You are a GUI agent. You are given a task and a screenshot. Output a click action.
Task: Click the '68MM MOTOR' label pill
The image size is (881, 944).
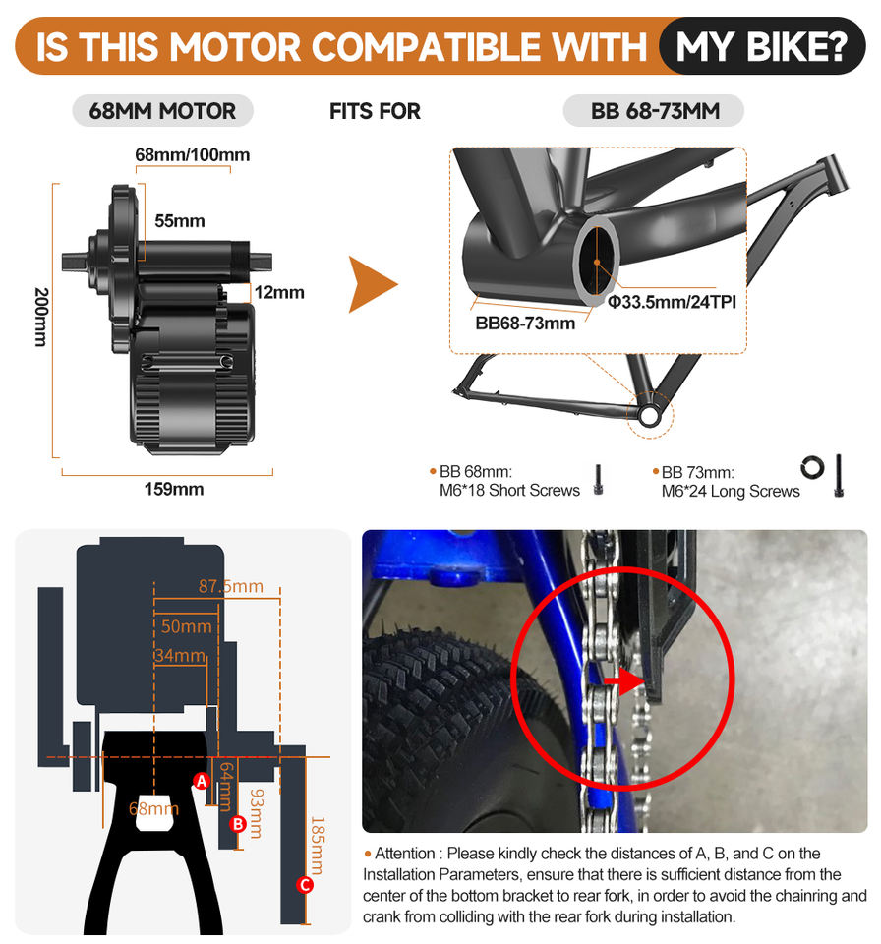162,111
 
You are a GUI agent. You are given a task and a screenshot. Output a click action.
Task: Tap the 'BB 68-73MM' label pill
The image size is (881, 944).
655,111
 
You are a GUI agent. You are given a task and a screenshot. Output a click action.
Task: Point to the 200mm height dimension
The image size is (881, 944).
40,317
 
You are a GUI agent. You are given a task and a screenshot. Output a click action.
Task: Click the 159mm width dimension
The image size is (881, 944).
174,488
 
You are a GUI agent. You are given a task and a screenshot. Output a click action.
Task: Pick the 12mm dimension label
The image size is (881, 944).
278,292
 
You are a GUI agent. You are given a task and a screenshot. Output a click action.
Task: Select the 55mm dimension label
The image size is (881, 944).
179,221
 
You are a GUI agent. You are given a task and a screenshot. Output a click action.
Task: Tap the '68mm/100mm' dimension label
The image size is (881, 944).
192,154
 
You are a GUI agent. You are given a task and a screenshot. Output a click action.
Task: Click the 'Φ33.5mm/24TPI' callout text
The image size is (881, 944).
673,302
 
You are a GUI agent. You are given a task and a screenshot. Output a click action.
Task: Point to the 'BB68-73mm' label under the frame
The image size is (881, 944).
525,323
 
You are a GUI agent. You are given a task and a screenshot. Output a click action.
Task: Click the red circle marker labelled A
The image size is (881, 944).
202,781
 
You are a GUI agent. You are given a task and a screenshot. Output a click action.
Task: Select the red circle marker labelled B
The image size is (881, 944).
237,824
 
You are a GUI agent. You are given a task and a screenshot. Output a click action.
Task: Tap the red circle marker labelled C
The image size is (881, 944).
305,885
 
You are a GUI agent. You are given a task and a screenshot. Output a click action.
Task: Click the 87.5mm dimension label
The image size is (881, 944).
231,587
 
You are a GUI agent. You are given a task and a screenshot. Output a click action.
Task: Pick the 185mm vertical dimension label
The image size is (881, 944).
317,846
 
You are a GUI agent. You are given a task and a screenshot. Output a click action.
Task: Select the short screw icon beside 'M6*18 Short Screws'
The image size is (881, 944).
598,482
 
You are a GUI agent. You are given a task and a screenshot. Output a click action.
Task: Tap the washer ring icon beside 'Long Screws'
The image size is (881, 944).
812,467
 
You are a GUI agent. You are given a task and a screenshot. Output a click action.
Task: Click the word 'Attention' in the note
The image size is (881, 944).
404,854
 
